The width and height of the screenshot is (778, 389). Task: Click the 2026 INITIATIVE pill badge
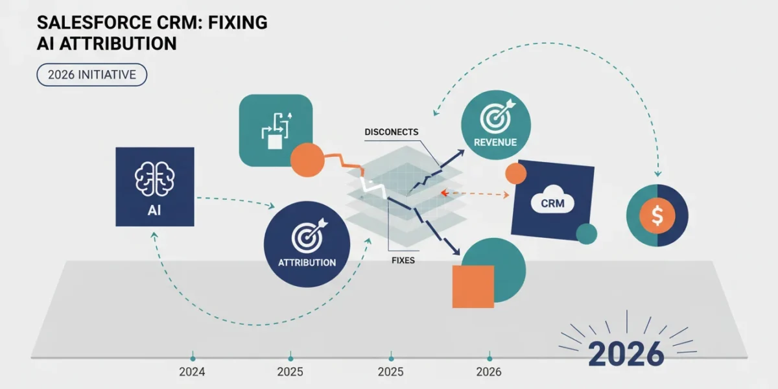[x=91, y=75]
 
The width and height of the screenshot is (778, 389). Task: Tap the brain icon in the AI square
[x=154, y=179]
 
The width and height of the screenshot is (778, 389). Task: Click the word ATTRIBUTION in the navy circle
[x=307, y=263]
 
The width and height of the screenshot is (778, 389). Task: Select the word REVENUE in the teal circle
[x=495, y=142]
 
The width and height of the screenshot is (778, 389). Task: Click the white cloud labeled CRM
[x=552, y=201]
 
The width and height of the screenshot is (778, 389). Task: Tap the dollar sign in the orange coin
[x=657, y=215]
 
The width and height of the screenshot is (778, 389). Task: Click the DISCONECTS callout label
[x=392, y=132]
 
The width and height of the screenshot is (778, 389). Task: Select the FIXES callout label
[x=403, y=260]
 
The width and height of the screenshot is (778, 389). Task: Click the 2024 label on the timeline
[x=192, y=372]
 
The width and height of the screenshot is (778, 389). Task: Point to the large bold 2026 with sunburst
[x=626, y=353]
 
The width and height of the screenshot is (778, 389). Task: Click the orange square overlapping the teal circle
[x=473, y=287]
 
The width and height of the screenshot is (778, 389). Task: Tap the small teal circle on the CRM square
[x=586, y=234]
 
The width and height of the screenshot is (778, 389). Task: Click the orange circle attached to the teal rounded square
[x=307, y=159]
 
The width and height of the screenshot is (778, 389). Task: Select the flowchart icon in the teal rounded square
[x=276, y=130]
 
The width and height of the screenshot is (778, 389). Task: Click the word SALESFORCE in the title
[x=95, y=23]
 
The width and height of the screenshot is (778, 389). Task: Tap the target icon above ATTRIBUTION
[x=309, y=235]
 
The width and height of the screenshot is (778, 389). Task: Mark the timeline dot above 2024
[x=193, y=359]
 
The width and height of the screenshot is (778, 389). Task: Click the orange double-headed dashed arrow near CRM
[x=475, y=193]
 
